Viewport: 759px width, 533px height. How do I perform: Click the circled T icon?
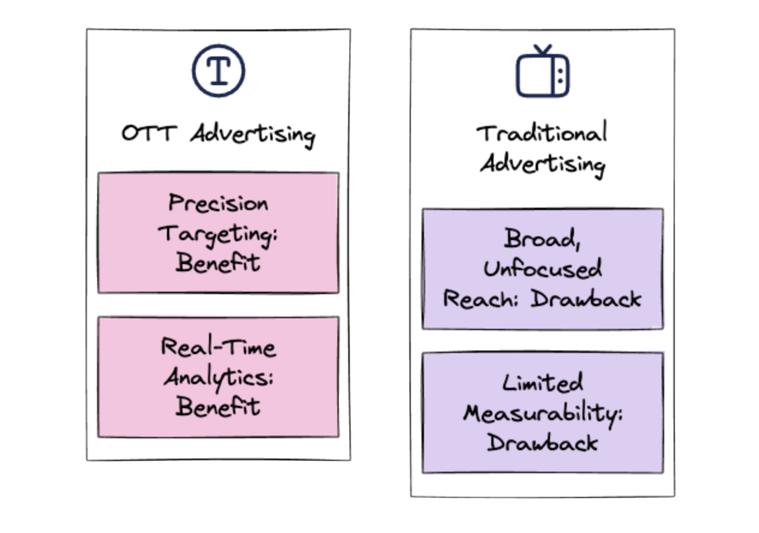click(x=219, y=71)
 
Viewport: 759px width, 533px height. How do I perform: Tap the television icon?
click(x=543, y=74)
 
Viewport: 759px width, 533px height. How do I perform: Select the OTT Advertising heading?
click(x=218, y=134)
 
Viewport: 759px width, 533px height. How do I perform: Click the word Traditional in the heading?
click(x=542, y=133)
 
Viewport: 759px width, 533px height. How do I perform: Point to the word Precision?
click(x=218, y=203)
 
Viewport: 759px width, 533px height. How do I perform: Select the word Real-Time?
click(x=218, y=347)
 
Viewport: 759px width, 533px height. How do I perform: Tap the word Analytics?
click(x=219, y=378)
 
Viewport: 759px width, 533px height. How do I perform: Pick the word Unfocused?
click(x=543, y=270)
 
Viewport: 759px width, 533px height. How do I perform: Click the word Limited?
click(x=542, y=383)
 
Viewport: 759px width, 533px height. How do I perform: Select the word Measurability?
click(x=543, y=413)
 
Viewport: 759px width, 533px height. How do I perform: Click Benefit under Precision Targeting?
click(x=218, y=263)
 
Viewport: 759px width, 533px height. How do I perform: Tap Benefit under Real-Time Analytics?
click(x=218, y=407)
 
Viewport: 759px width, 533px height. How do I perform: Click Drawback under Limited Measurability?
click(x=542, y=443)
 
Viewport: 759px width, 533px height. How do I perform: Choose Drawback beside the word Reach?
click(x=586, y=299)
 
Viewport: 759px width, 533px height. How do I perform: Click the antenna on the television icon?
click(x=543, y=49)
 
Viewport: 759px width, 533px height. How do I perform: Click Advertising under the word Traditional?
click(x=542, y=163)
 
